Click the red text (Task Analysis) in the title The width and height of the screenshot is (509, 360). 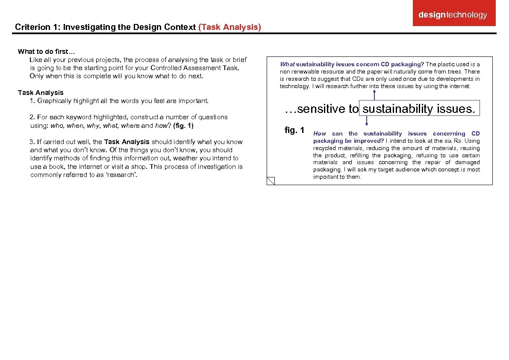pyautogui.click(x=229, y=27)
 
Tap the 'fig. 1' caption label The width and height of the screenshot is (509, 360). pyautogui.click(x=294, y=130)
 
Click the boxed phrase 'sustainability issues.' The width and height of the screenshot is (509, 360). pyautogui.click(x=419, y=109)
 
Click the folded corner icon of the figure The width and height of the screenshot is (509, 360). pyautogui.click(x=271, y=180)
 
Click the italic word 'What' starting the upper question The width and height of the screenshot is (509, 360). pyautogui.click(x=287, y=65)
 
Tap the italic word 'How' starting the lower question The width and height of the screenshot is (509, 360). pyautogui.click(x=320, y=134)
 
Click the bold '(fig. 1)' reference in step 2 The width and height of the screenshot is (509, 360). pyautogui.click(x=183, y=126)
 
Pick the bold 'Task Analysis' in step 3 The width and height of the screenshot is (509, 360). pyautogui.click(x=127, y=142)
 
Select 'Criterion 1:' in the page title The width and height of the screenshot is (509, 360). pyautogui.click(x=38, y=27)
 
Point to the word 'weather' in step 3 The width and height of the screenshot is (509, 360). pyautogui.click(x=185, y=159)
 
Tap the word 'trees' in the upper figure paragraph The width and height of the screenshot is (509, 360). pyautogui.click(x=454, y=72)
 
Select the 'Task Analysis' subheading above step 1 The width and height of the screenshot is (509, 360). pyautogui.click(x=41, y=93)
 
